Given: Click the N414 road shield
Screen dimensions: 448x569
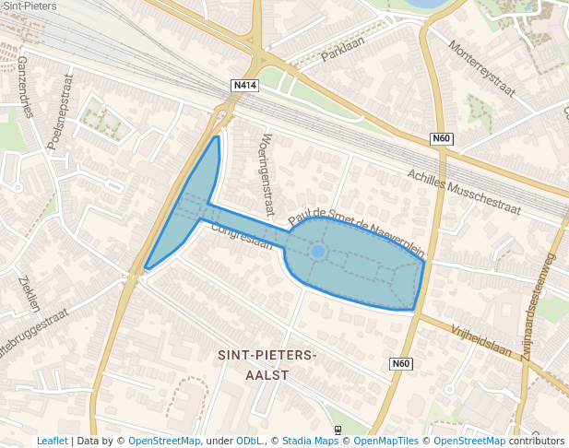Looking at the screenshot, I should coord(245,86).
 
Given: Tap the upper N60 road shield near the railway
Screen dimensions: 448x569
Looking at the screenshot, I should coord(443,139).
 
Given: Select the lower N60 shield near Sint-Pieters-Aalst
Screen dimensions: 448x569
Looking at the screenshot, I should coord(400,363).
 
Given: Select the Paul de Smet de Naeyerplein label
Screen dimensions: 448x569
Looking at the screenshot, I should coord(356,224).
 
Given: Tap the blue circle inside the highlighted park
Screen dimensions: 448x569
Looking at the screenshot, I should coord(318,251).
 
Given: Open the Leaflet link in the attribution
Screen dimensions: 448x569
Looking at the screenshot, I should coord(53,441).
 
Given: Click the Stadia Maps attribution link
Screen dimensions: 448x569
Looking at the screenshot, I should coord(310,441).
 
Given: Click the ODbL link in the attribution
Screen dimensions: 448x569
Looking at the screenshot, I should coord(248,441).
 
